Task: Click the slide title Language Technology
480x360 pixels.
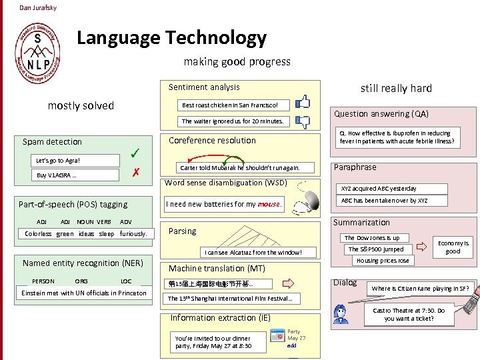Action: coord(171,38)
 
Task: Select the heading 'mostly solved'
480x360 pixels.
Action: coord(81,105)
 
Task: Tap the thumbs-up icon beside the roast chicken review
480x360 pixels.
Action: coord(303,102)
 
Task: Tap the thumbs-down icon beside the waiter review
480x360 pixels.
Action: coord(303,122)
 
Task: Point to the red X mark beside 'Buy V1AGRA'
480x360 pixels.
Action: coord(135,173)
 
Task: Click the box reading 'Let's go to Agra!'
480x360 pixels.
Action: coord(58,161)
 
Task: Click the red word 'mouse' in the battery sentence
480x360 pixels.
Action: coord(269,204)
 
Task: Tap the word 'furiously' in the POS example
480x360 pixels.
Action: coord(133,234)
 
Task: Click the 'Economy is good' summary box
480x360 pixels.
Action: coord(453,247)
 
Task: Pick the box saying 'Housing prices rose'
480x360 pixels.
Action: coord(383,261)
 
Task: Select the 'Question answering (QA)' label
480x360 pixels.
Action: coord(381,114)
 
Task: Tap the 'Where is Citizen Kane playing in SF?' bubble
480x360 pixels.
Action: coord(420,289)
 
